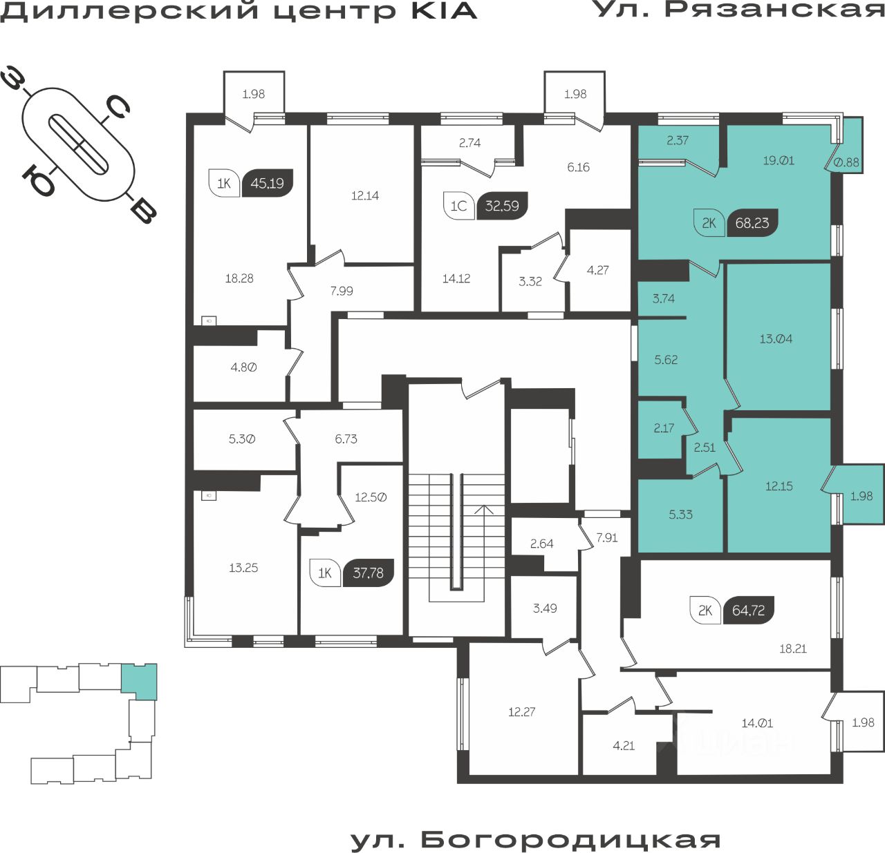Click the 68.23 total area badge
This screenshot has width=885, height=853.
(752, 223)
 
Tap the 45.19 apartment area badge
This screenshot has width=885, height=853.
(267, 184)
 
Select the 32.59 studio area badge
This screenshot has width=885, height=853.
(502, 206)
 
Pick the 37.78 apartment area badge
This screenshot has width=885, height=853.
(368, 573)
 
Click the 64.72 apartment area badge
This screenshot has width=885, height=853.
(748, 611)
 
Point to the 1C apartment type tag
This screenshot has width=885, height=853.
(458, 206)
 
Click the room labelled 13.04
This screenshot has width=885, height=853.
(776, 339)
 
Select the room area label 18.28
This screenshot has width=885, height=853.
(239, 278)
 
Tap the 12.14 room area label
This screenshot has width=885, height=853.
(365, 195)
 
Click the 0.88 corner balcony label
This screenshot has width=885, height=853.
(847, 162)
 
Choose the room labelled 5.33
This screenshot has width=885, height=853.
(681, 515)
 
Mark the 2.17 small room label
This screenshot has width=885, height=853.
(664, 428)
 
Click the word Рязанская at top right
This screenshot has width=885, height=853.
(774, 9)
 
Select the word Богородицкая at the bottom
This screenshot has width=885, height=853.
(571, 840)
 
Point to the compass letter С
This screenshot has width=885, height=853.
(118, 108)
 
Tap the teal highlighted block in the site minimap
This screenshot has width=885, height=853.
(139, 681)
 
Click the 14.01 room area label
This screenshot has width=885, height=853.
(757, 723)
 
